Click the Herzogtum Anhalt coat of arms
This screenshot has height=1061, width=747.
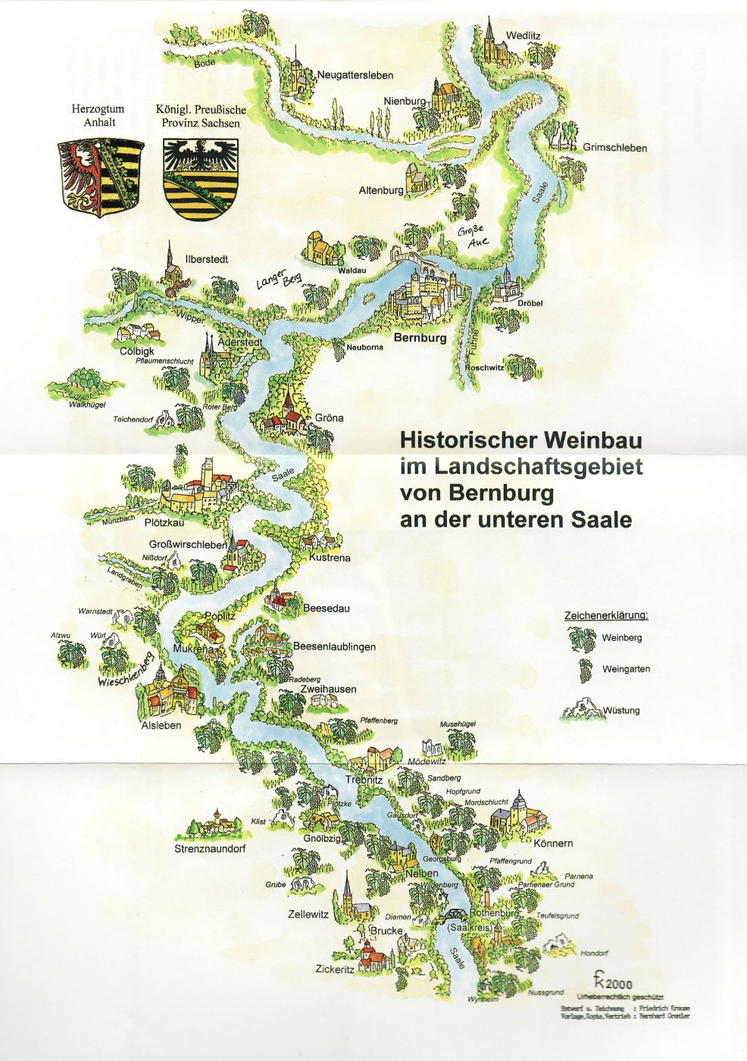(101, 177)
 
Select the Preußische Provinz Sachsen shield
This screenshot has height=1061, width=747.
(202, 179)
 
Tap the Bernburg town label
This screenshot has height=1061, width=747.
(420, 339)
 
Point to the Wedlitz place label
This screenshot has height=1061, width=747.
(525, 36)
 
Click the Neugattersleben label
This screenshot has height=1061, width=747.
(355, 75)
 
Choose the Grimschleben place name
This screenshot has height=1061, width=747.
(614, 148)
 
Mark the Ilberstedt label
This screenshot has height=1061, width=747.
(207, 259)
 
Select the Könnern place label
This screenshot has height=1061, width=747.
(553, 843)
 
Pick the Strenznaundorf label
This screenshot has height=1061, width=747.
(210, 849)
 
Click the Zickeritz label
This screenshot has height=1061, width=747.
(335, 969)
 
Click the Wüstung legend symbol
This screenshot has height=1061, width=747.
(581, 710)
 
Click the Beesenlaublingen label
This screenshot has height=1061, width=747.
(334, 647)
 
